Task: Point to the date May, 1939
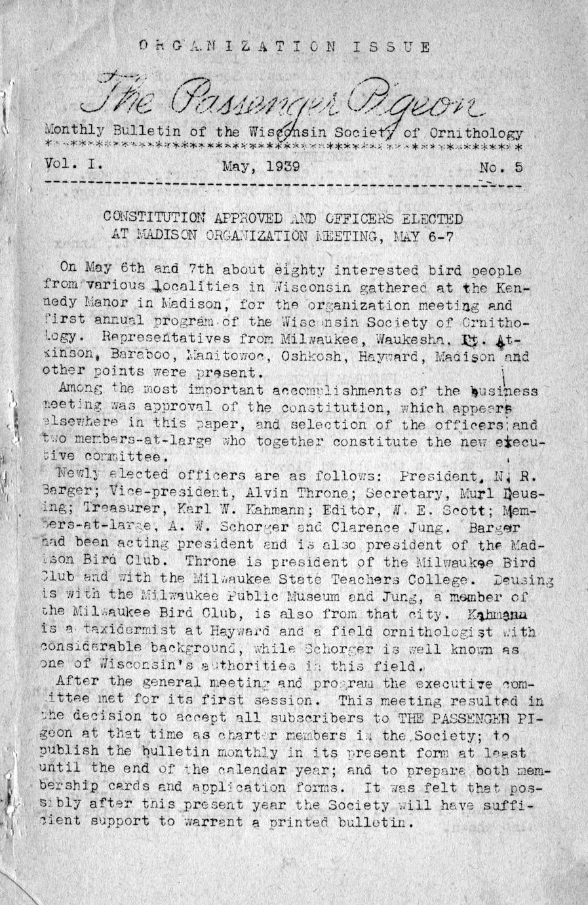pos(260,166)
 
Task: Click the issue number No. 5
pos(501,167)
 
